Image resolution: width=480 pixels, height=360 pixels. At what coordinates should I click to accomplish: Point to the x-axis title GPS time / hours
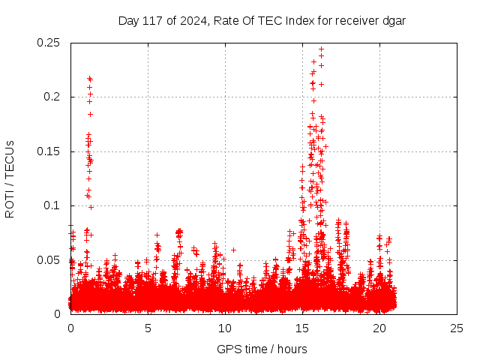[x=262, y=349]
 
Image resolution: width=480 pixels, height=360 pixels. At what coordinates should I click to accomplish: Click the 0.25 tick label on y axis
[x=49, y=43]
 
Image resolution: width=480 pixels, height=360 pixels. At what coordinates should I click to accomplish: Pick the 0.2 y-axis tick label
[x=54, y=97]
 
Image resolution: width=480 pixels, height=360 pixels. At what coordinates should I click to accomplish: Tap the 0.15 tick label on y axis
[x=49, y=151]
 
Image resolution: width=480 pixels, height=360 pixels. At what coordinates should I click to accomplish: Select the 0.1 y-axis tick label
[x=54, y=205]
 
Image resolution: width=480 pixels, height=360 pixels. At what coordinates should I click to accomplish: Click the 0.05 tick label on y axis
[x=49, y=260]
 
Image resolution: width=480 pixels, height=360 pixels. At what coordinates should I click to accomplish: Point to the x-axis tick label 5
[x=148, y=328]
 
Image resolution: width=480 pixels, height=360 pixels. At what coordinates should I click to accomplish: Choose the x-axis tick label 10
[x=225, y=328]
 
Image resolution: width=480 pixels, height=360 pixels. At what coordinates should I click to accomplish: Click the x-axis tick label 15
[x=302, y=328]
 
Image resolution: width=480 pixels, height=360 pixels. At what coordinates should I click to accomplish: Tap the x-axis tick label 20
[x=379, y=328]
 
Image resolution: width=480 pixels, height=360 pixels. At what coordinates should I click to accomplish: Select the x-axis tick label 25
[x=457, y=328]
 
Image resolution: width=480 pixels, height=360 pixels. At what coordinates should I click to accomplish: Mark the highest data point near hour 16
[x=321, y=49]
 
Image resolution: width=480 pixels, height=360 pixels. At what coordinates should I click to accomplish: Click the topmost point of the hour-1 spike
[x=89, y=78]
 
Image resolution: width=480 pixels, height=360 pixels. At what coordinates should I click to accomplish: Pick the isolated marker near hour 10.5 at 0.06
[x=233, y=250]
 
